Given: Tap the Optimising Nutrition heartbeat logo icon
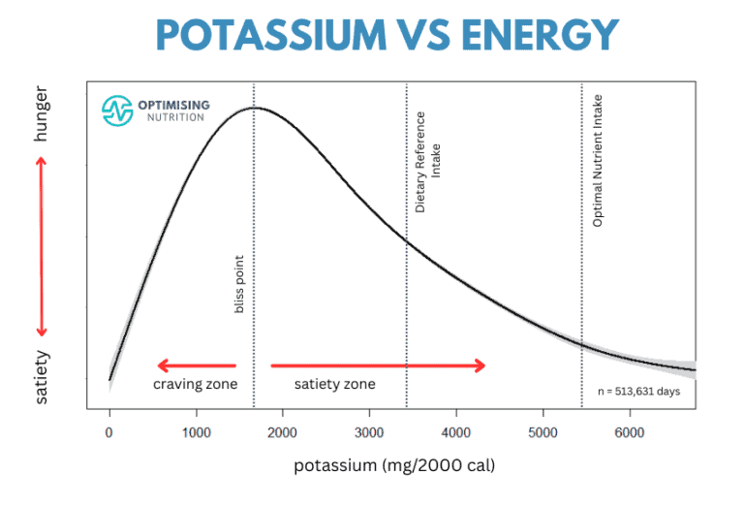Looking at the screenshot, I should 117,111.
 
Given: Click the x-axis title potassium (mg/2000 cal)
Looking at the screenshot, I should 395,466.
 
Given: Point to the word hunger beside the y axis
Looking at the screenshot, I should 42,119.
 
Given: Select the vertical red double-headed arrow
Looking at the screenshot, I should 42,246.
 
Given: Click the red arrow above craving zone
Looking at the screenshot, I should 197,365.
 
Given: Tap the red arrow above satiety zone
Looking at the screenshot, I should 377,365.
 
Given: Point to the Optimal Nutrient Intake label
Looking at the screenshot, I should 598,161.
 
